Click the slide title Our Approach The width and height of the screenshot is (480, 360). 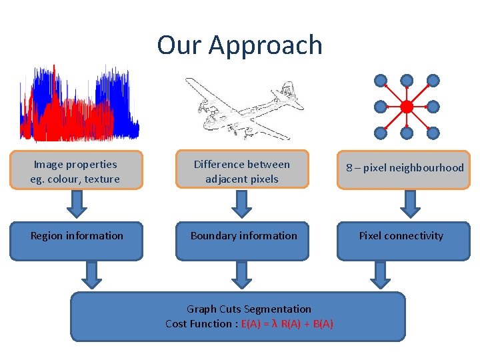coord(240,45)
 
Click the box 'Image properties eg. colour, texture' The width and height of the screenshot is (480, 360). coord(75,171)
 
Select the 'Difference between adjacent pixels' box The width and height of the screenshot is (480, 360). coord(242,171)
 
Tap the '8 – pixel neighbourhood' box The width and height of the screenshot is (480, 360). coord(404,168)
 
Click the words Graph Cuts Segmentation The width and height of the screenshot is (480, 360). coord(249,309)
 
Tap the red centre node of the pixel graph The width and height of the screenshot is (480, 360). coord(407,107)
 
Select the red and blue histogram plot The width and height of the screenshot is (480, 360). coord(78,103)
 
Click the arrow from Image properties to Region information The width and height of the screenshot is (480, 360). coord(77,204)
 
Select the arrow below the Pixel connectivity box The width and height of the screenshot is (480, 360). coord(381,274)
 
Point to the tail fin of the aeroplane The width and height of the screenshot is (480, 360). coord(288,89)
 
